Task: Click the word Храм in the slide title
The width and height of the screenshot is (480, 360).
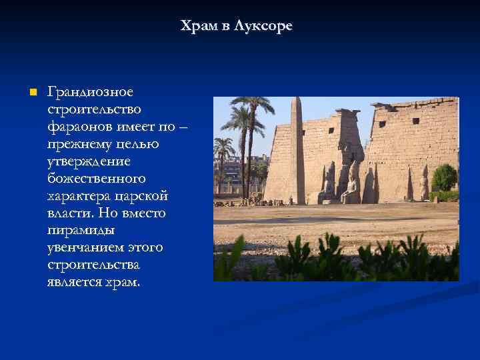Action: pos(198,27)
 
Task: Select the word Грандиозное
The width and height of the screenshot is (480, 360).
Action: pos(90,91)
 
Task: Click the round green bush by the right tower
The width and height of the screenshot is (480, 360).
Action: pos(445,178)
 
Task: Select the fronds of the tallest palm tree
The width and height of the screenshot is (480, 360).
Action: pos(253,105)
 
